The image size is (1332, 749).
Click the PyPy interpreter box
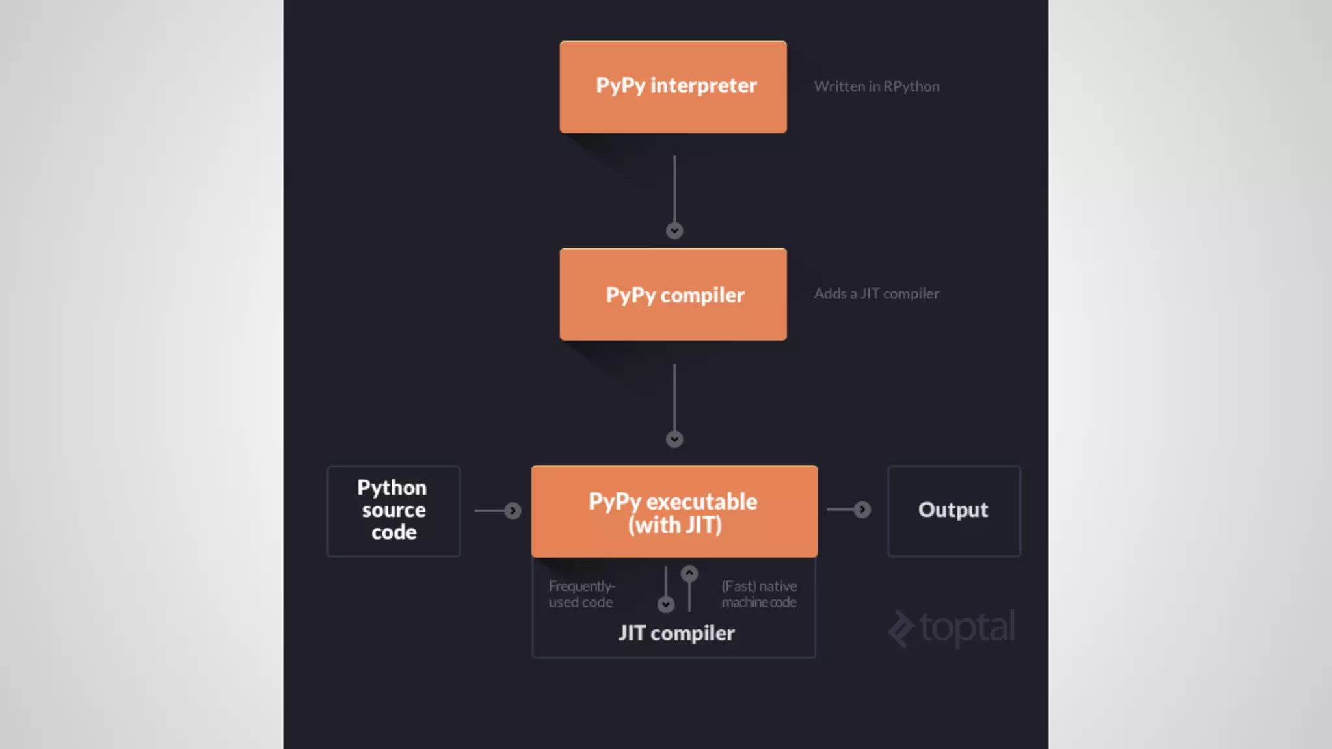pyautogui.click(x=673, y=87)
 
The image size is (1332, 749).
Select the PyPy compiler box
pyautogui.click(x=673, y=295)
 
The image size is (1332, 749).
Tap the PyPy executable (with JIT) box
pyautogui.click(x=674, y=512)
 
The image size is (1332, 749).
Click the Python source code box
pyautogui.click(x=393, y=511)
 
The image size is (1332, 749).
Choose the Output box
pyautogui.click(x=953, y=511)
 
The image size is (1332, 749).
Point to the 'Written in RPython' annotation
pyautogui.click(x=876, y=86)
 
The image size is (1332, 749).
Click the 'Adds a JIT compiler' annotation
pyautogui.click(x=876, y=294)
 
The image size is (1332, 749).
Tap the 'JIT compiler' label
pyautogui.click(x=676, y=633)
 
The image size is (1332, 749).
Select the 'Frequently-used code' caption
pyautogui.click(x=581, y=594)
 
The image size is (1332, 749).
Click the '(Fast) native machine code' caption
pyautogui.click(x=759, y=594)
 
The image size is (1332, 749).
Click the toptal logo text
pyautogui.click(x=967, y=627)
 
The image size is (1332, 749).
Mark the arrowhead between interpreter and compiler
pyautogui.click(x=674, y=231)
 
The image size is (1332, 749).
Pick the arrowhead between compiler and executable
pyautogui.click(x=674, y=440)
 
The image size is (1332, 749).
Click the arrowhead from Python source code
pyautogui.click(x=513, y=511)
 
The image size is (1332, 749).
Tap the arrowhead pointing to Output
pyautogui.click(x=862, y=510)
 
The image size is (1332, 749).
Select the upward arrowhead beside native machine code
pyautogui.click(x=689, y=573)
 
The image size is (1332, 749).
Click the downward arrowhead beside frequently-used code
pyautogui.click(x=665, y=605)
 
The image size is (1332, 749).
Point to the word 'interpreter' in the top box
pyautogui.click(x=703, y=86)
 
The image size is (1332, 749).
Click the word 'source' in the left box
pyautogui.click(x=393, y=510)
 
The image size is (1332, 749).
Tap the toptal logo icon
pyautogui.click(x=901, y=629)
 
